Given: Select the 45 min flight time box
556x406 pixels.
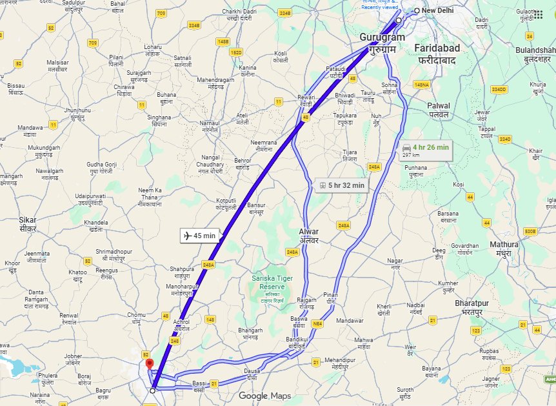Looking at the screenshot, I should pyautogui.click(x=200, y=236).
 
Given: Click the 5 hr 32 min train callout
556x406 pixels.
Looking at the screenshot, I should pyautogui.click(x=342, y=186).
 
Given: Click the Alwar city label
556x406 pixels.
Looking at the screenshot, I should pyautogui.click(x=309, y=236).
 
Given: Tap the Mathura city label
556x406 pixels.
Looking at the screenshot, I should pyautogui.click(x=504, y=249).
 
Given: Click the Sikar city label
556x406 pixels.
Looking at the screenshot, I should pyautogui.click(x=28, y=224).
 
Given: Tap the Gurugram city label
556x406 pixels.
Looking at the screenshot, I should pyautogui.click(x=382, y=43).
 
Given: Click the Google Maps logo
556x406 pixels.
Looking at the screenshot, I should pyautogui.click(x=264, y=396).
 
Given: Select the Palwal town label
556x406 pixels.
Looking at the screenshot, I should pyautogui.click(x=439, y=109).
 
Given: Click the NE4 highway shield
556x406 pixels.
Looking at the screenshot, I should pyautogui.click(x=316, y=324).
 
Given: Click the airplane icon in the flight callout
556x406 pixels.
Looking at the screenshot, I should pyautogui.click(x=188, y=236).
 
